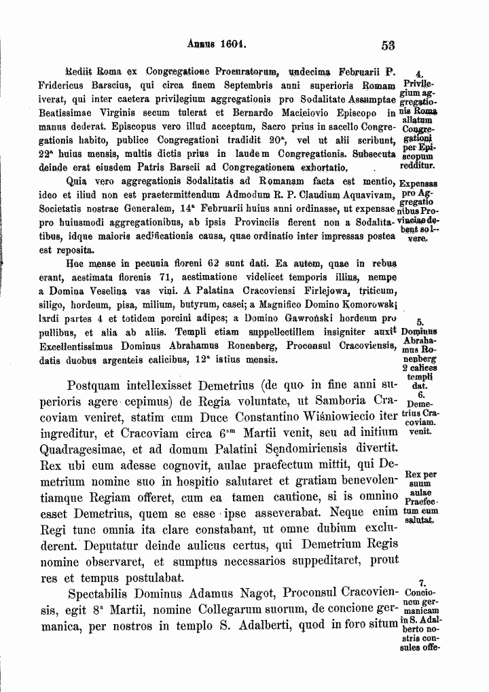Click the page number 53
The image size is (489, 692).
pos(388,45)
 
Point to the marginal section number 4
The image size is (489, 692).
pos(419,74)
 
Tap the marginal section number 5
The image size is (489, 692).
pos(419,323)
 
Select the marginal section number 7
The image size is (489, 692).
pos(422,581)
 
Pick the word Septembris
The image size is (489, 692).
pos(254,86)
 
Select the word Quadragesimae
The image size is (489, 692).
pos(90,448)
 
